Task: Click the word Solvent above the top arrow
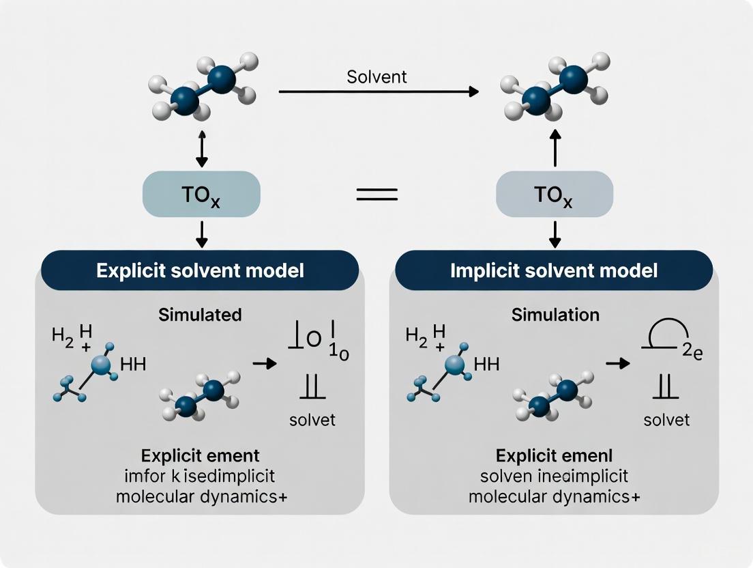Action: pos(376,76)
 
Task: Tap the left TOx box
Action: pos(201,194)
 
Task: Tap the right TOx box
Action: pos(555,194)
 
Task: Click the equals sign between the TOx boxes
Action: pos(377,194)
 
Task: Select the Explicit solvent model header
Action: pos(201,270)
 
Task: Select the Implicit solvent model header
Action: pos(554,270)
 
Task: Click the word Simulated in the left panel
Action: pos(200,315)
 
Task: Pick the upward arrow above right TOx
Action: pos(555,150)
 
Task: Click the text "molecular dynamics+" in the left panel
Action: pos(201,496)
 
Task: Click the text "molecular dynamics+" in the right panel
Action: pos(554,496)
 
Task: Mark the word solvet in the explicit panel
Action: pos(312,419)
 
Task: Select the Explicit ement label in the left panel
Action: pos(200,455)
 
